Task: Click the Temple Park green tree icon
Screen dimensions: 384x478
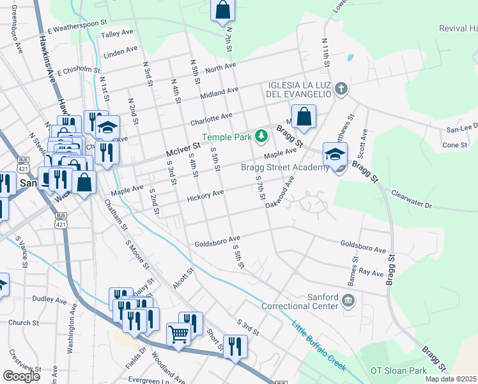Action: pos(261,136)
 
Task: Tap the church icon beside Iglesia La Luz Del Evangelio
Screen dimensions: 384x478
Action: pos(341,88)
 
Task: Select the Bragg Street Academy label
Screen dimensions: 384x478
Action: pos(284,168)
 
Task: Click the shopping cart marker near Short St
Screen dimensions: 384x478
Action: pos(178,333)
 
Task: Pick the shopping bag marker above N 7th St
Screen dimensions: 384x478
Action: pos(222,10)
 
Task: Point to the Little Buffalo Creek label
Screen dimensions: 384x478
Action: pos(319,346)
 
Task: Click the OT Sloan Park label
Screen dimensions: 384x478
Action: pos(399,371)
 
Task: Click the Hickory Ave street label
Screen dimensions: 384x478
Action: pos(205,195)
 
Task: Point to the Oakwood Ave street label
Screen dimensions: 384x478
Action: pos(283,189)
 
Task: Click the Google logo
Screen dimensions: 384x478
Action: pos(21,376)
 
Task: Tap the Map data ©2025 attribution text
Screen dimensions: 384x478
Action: pos(451,379)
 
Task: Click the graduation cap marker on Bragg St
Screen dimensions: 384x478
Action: pos(335,154)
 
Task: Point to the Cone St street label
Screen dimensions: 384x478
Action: pos(455,145)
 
